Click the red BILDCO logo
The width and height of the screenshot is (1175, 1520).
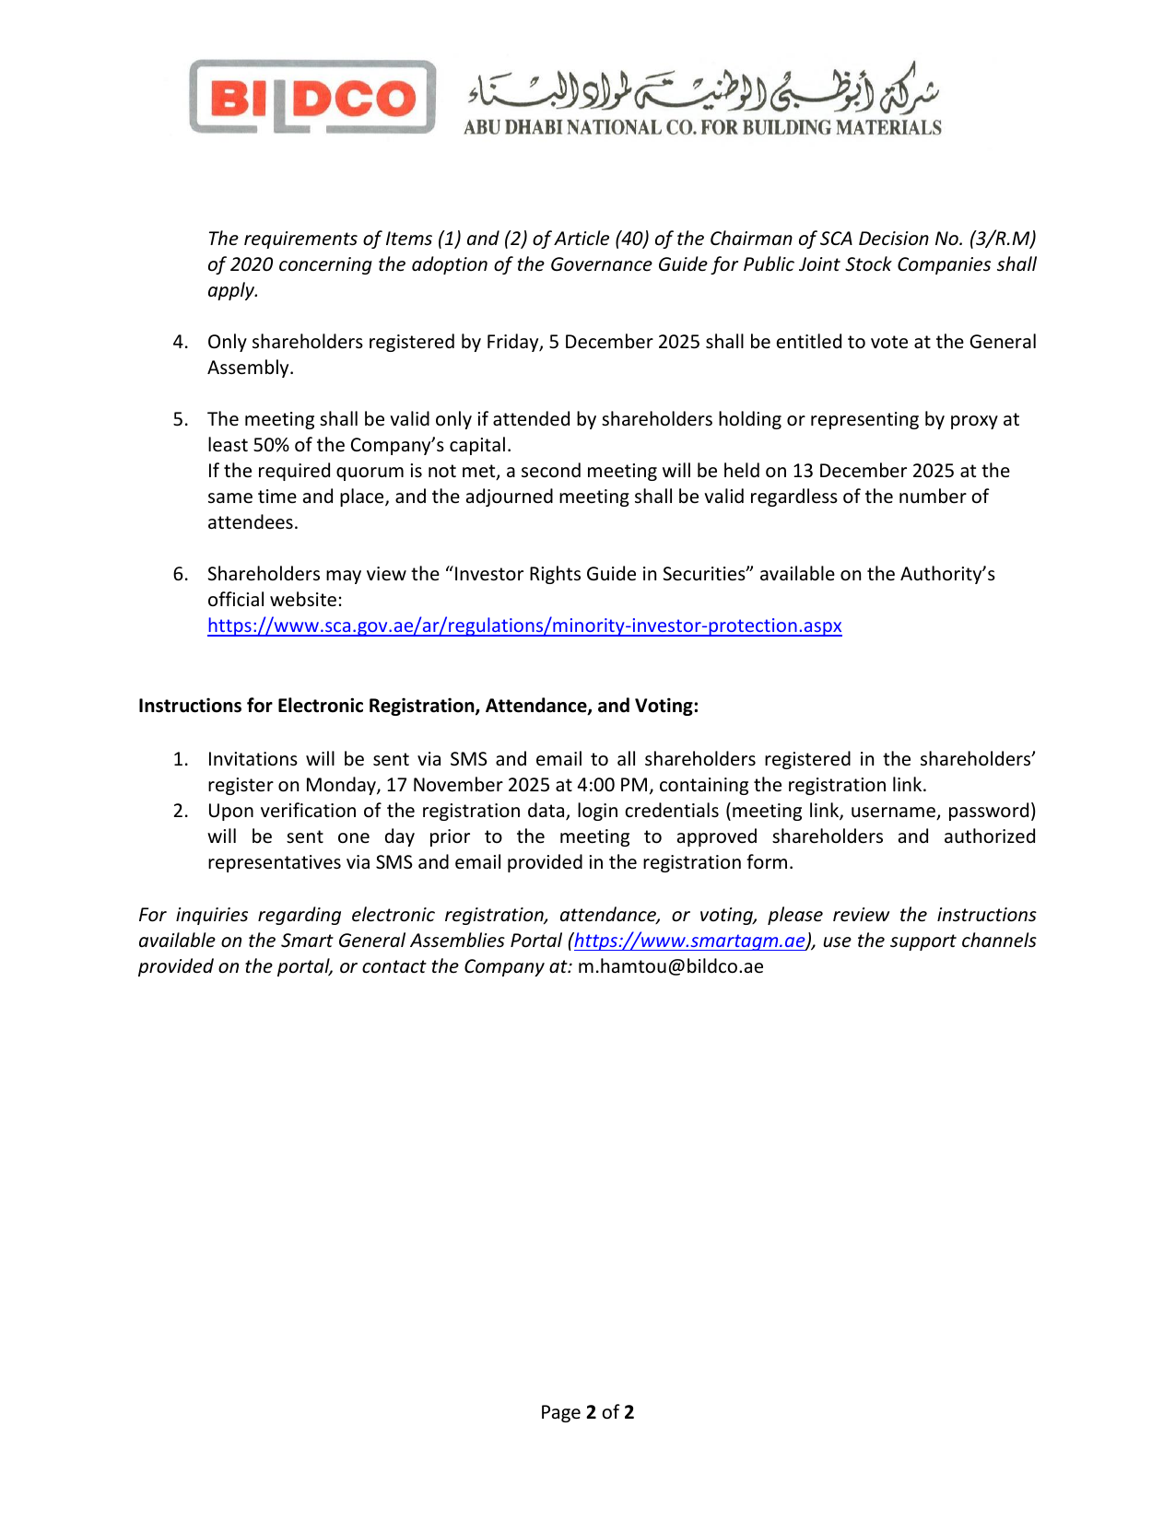pos(312,98)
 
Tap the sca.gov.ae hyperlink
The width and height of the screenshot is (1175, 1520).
pos(524,626)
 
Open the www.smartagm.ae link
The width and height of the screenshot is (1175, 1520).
pos(689,941)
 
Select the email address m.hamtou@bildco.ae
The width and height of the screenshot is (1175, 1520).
pos(670,966)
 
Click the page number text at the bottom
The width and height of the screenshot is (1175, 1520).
pos(587,1412)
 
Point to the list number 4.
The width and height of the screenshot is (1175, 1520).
pos(181,342)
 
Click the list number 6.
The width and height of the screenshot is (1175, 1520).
pos(181,574)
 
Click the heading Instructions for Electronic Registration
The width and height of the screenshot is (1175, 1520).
pos(418,706)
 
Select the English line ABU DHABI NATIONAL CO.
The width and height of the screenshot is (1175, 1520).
pos(702,128)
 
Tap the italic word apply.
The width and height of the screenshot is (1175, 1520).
pos(232,290)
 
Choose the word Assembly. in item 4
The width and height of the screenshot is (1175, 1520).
pos(251,368)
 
